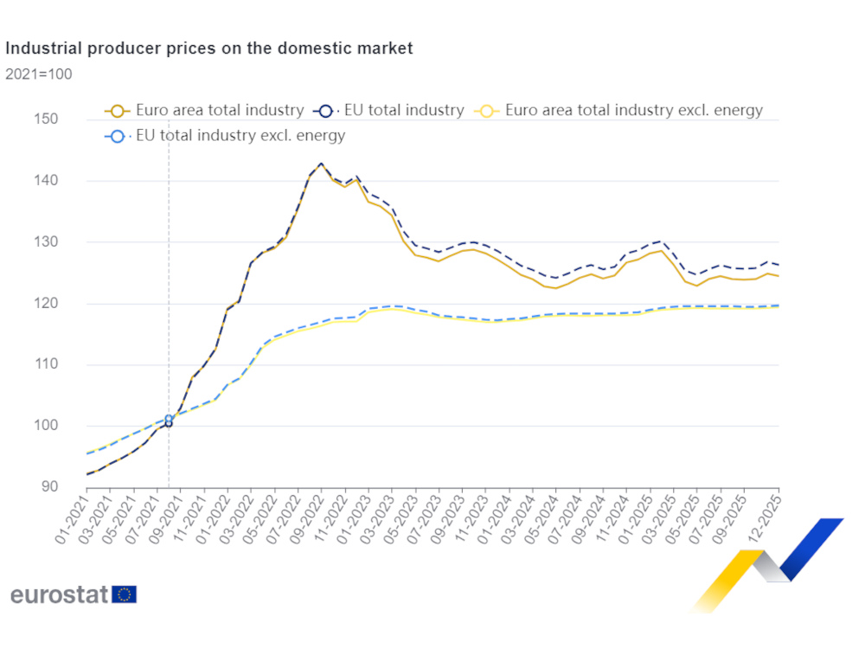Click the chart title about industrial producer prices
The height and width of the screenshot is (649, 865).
(x=209, y=48)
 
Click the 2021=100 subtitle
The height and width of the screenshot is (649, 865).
(x=39, y=74)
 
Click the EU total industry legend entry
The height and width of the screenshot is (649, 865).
(x=392, y=111)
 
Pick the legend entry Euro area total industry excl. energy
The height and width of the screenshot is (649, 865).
(x=621, y=111)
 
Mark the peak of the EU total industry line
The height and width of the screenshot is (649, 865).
(x=321, y=163)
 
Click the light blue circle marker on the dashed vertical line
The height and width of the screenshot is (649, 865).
(x=169, y=419)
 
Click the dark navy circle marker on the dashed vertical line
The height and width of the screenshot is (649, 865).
(x=169, y=424)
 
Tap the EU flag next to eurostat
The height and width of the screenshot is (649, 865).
(x=125, y=594)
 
